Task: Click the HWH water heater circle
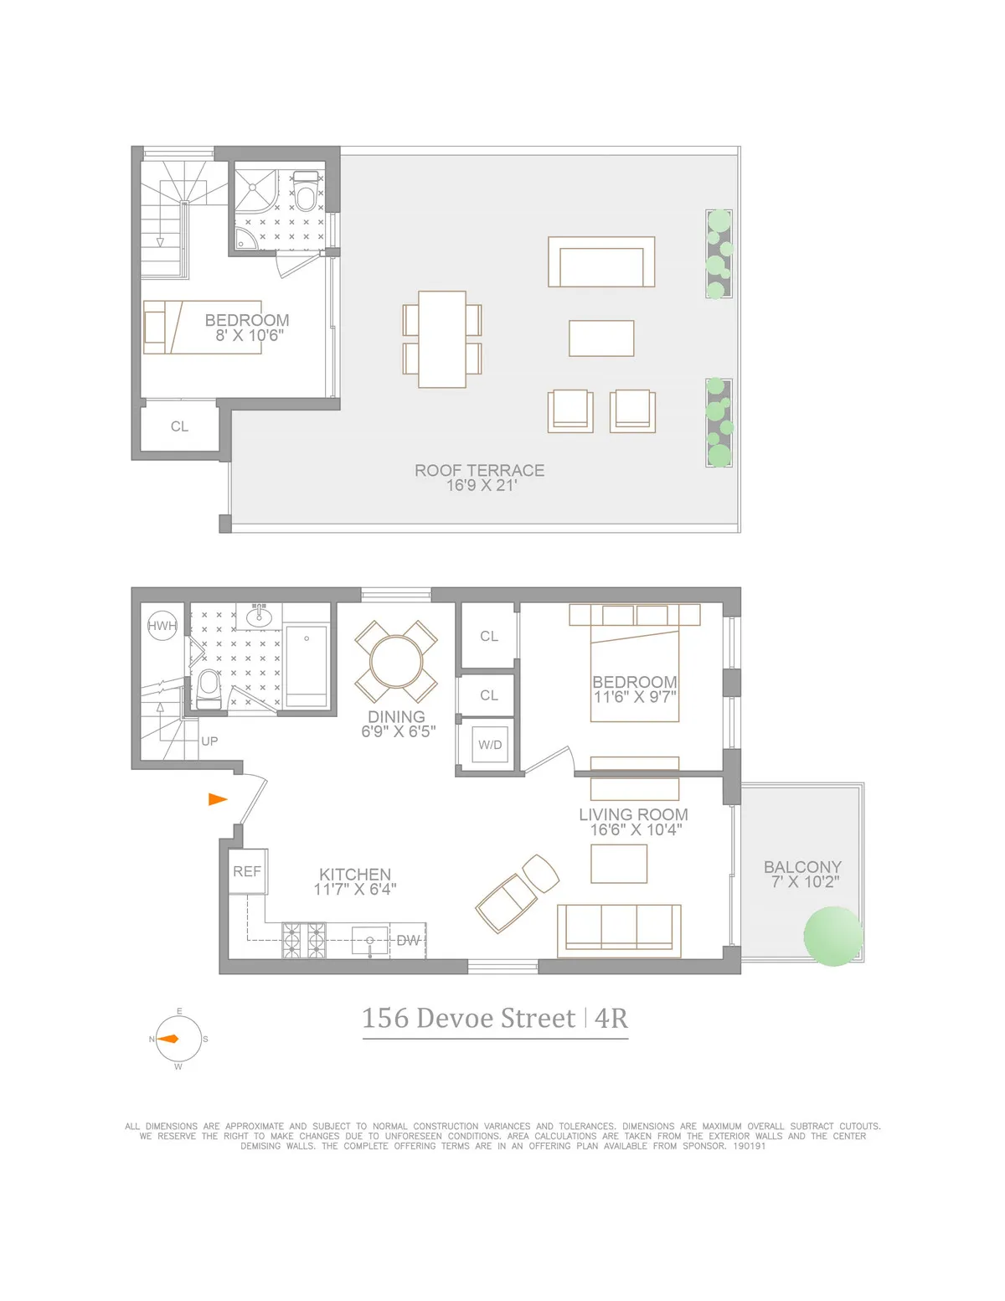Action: click(162, 626)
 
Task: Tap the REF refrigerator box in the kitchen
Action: click(247, 871)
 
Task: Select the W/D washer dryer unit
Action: click(490, 745)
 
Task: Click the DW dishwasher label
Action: click(409, 941)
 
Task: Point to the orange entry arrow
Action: click(218, 799)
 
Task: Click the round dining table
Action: click(396, 661)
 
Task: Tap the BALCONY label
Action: click(802, 867)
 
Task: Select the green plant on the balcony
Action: click(832, 935)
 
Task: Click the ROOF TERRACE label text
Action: click(479, 471)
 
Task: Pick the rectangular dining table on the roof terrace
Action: click(442, 339)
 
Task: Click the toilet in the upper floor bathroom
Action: click(306, 195)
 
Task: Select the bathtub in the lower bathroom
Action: click(307, 666)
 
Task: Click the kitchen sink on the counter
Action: click(369, 940)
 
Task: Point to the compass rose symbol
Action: click(178, 1039)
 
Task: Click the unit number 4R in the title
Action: click(611, 1018)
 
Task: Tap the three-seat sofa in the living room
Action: click(619, 930)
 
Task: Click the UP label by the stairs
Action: click(209, 741)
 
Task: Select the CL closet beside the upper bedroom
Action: click(179, 427)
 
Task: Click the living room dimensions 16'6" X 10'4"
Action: click(635, 829)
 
